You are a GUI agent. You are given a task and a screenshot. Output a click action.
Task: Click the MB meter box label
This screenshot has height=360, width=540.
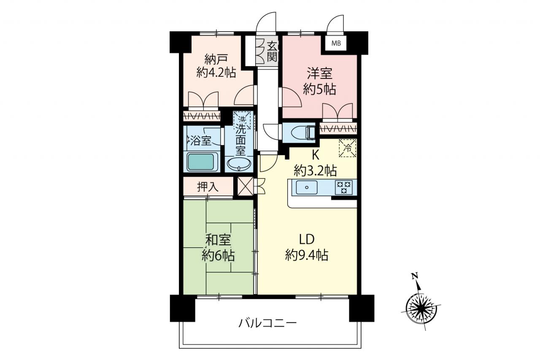point(336,43)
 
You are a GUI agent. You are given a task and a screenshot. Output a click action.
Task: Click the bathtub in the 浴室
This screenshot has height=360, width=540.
point(201,162)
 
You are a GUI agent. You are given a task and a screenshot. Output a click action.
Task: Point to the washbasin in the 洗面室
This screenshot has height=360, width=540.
point(239,165)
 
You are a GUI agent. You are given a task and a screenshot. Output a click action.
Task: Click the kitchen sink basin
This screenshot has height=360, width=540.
point(306,187)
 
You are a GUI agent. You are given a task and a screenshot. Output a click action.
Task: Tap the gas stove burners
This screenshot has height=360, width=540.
point(344,187)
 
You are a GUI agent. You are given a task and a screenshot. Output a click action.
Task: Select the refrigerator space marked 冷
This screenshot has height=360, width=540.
point(348,148)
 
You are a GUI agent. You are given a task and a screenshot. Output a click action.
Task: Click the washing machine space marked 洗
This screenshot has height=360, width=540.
point(242,119)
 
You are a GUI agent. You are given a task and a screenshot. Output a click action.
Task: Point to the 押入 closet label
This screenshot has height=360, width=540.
point(208,187)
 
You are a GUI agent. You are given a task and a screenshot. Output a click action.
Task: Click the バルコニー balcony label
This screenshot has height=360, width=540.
point(267,323)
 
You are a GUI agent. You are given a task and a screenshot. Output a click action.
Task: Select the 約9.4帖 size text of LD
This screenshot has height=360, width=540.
point(306,255)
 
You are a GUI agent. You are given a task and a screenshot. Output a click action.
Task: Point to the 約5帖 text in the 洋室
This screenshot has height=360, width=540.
point(319,89)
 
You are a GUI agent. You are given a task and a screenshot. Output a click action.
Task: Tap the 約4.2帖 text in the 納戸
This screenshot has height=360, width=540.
point(216,72)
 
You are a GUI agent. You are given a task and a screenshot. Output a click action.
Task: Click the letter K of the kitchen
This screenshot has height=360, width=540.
point(316,156)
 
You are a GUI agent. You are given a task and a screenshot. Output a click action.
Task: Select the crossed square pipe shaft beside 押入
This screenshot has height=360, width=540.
point(245,186)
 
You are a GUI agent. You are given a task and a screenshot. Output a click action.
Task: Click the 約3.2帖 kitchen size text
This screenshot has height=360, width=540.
point(315,171)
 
